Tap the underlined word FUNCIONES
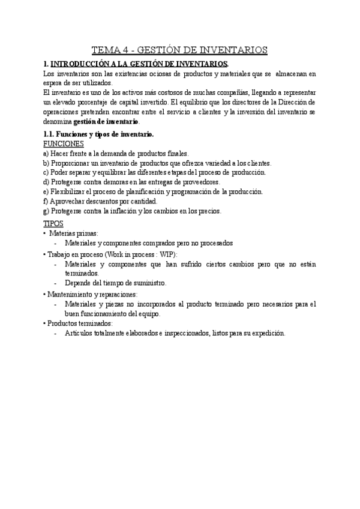(64, 144)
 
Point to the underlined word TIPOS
(55, 223)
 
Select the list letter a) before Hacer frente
(47, 154)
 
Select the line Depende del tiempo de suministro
(116, 283)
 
